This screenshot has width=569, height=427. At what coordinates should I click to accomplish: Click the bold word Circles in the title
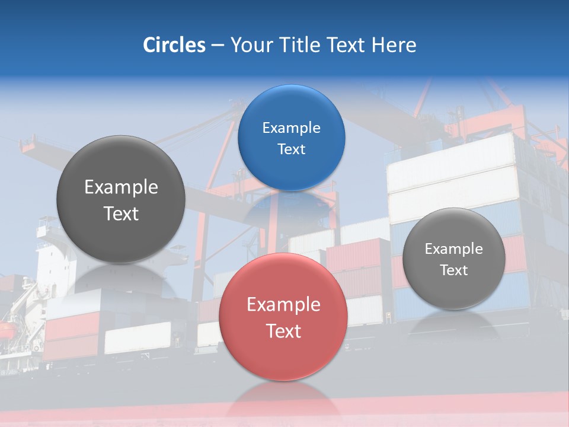pos(174,45)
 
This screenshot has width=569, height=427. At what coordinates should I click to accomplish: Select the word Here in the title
pos(394,45)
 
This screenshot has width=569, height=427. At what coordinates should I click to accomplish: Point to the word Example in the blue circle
pos(291,128)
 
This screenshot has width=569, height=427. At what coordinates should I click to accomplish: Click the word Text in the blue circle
pos(291,149)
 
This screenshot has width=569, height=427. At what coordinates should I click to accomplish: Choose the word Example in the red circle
pos(283,305)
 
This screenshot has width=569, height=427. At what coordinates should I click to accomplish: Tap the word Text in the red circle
pos(283,331)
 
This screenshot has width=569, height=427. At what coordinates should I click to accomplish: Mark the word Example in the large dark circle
pos(121,187)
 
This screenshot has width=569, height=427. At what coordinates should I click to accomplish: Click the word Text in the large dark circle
pos(121,213)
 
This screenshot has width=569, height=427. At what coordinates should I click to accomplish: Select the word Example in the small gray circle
pos(453,249)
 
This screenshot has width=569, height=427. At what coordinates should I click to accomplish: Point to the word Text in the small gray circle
pos(453,270)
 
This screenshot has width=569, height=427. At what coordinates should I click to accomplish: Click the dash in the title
pos(218,46)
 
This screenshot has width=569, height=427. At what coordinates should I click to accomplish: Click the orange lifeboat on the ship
pos(7,329)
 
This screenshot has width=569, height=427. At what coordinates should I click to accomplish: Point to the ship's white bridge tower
pos(50,255)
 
